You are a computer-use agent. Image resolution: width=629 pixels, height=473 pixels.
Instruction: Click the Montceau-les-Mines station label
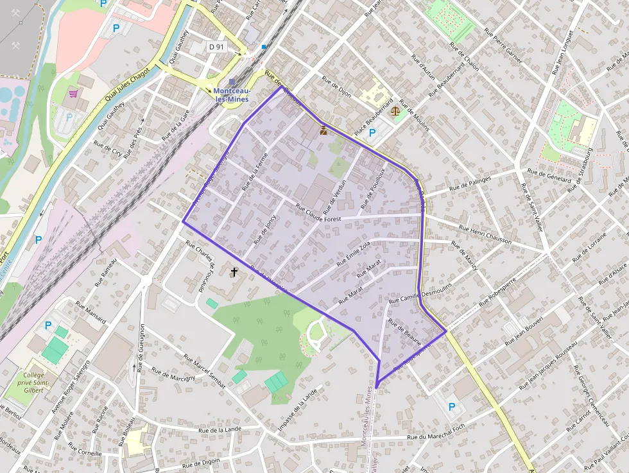click(232, 95)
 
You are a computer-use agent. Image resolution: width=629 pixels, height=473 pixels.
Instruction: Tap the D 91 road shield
click(216, 47)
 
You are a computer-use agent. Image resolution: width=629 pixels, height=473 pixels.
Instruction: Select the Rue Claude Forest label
click(318, 214)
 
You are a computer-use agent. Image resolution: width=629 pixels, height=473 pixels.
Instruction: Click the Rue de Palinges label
click(470, 184)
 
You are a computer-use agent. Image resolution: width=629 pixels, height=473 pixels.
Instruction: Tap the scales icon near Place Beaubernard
click(394, 111)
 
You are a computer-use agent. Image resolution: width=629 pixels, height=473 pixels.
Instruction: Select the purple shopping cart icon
click(74, 94)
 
